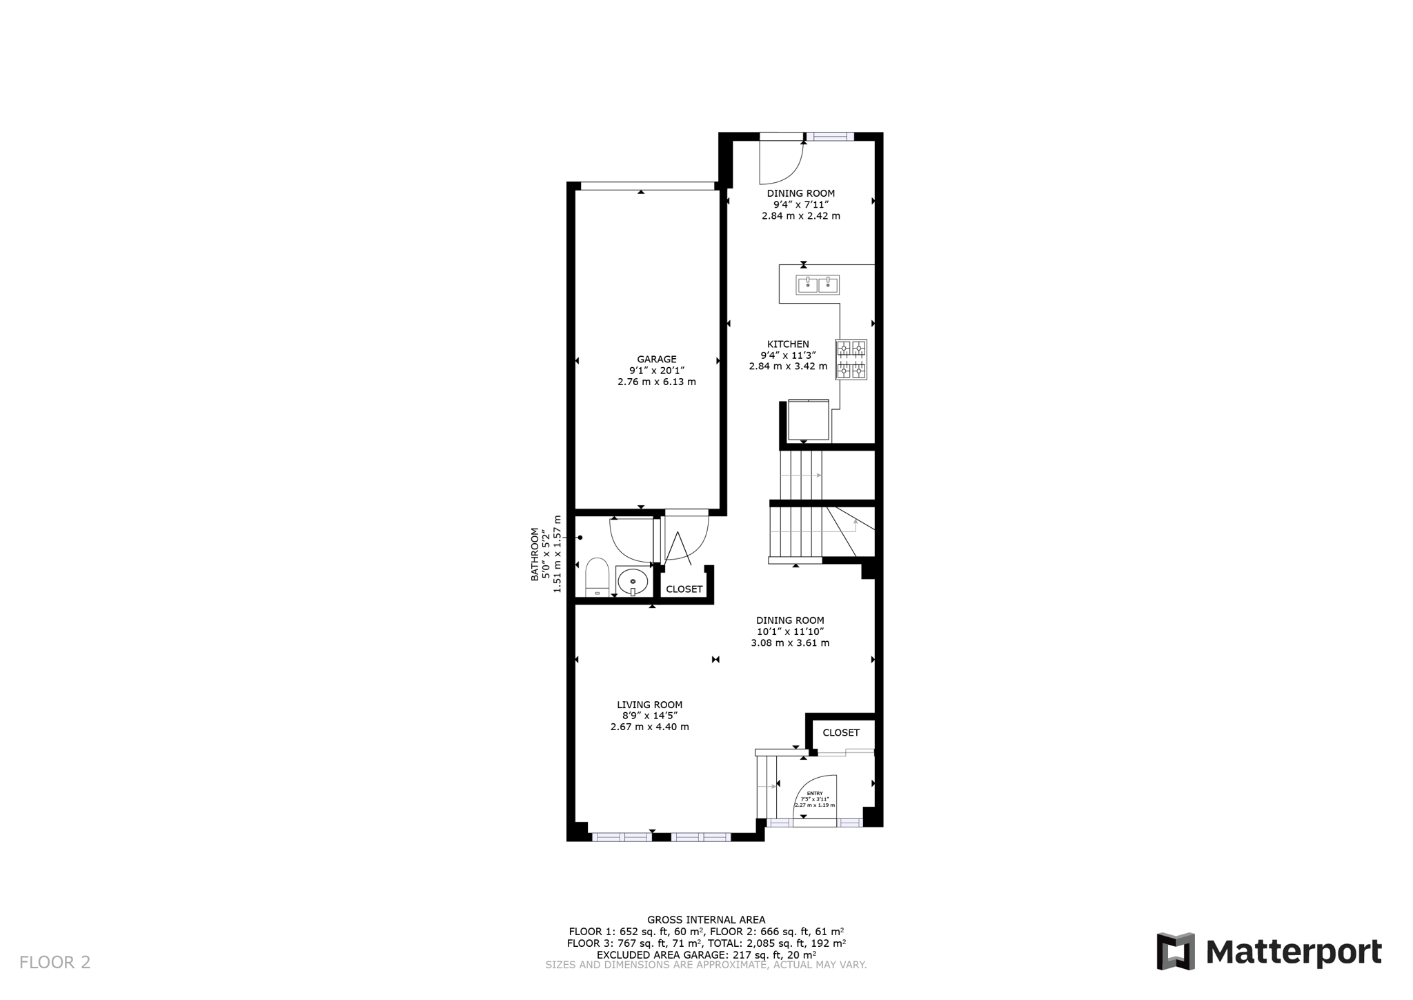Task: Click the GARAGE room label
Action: (656, 359)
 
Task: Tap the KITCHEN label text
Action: (788, 344)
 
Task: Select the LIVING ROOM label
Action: (649, 705)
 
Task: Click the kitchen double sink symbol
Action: (818, 284)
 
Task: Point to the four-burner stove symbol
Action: (851, 359)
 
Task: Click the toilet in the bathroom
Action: (597, 578)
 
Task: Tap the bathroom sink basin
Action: (632, 582)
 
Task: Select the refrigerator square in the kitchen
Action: (808, 420)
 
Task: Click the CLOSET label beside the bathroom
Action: (684, 589)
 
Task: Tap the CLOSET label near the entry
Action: (841, 733)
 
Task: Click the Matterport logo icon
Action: (1176, 952)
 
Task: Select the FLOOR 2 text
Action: (55, 962)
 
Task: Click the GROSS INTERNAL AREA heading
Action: (706, 919)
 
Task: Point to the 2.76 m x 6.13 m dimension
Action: (656, 382)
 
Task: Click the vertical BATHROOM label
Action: (535, 554)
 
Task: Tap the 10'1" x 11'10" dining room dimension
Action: (790, 631)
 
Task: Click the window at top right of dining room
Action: (830, 137)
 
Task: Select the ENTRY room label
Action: (815, 793)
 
